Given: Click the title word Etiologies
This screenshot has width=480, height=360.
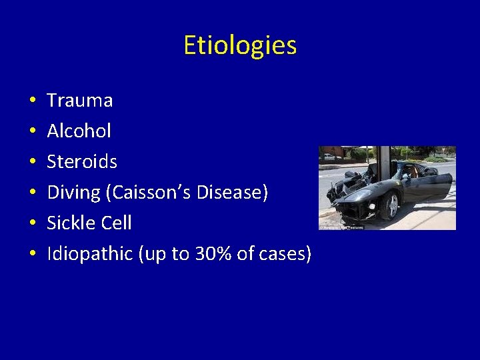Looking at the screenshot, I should point(240,45).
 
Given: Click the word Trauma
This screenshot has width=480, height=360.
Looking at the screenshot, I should point(79,101).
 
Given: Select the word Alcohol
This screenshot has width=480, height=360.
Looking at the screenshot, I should point(79,131).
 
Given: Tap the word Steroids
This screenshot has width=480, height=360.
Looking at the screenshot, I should point(81,161).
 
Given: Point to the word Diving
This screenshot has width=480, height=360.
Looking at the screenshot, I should point(73,193).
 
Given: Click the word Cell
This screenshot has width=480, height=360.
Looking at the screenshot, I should point(117,223).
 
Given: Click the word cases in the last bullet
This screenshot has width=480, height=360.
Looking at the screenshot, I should point(287,254).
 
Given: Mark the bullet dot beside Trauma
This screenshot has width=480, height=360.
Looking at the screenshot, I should point(32,101).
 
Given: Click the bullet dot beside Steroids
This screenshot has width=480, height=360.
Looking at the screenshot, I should point(32,163).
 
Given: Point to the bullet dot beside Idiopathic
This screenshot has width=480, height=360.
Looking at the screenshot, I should point(32,255).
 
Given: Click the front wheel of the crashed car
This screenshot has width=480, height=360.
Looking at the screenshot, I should point(390,206).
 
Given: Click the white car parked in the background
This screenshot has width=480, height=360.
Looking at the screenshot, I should point(328,157).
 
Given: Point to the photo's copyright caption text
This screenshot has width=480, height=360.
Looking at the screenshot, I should point(341,227).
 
